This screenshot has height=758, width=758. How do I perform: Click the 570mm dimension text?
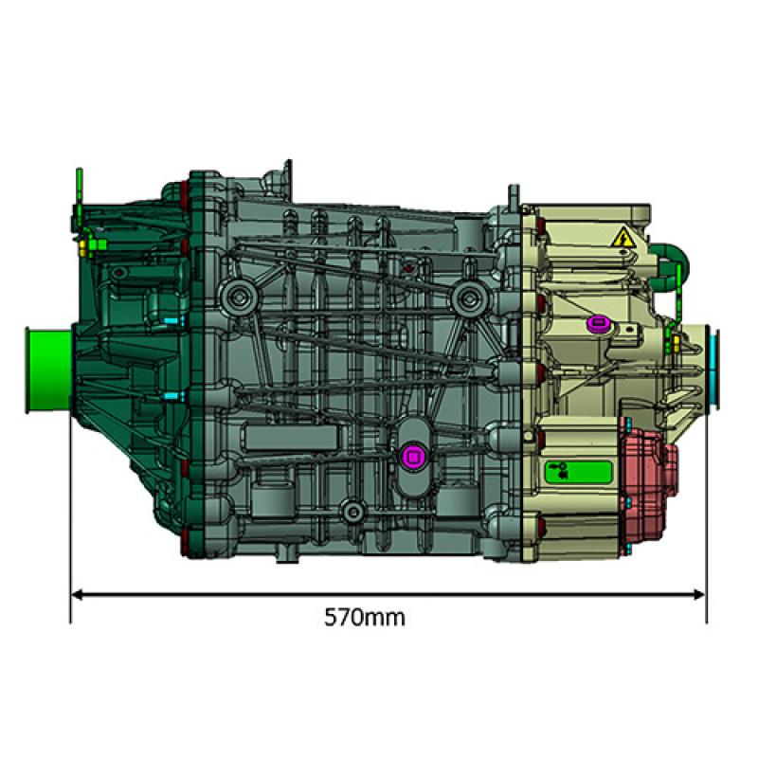tap(365, 618)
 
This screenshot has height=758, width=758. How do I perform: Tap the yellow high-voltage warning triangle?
tap(623, 238)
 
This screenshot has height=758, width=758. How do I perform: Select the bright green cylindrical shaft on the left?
tap(47, 370)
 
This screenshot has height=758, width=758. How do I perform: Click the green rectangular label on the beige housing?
tap(574, 471)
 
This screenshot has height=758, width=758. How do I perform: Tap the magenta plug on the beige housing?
tap(598, 325)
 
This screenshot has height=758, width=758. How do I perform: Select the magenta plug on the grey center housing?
tap(412, 457)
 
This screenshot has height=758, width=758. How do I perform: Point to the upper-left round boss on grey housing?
tap(237, 298)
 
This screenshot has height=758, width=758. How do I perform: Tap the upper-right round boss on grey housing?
tap(465, 299)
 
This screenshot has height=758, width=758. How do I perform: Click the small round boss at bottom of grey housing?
tap(353, 512)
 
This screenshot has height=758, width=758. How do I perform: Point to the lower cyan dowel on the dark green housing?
tap(170, 394)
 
